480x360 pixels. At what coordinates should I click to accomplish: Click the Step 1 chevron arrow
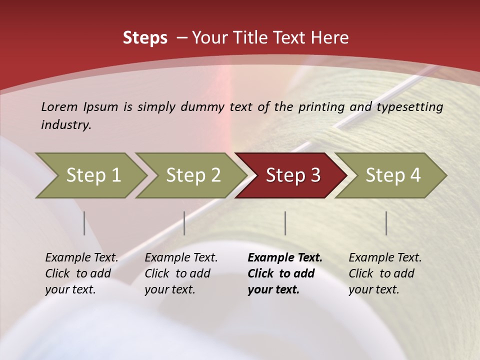(x=93, y=175)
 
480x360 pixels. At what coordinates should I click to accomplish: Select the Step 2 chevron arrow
(x=193, y=175)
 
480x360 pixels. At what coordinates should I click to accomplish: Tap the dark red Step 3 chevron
(x=293, y=175)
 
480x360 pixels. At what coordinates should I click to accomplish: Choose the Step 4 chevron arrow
(x=393, y=175)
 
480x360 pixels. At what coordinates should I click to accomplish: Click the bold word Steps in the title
(x=145, y=38)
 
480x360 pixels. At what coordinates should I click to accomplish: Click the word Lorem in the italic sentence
(x=59, y=106)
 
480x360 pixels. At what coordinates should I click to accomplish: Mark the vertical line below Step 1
(x=84, y=223)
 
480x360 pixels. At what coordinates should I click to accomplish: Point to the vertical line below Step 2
(x=184, y=223)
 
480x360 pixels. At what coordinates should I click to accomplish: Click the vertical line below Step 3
(x=285, y=223)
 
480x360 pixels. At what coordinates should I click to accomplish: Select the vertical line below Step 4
(x=386, y=223)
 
